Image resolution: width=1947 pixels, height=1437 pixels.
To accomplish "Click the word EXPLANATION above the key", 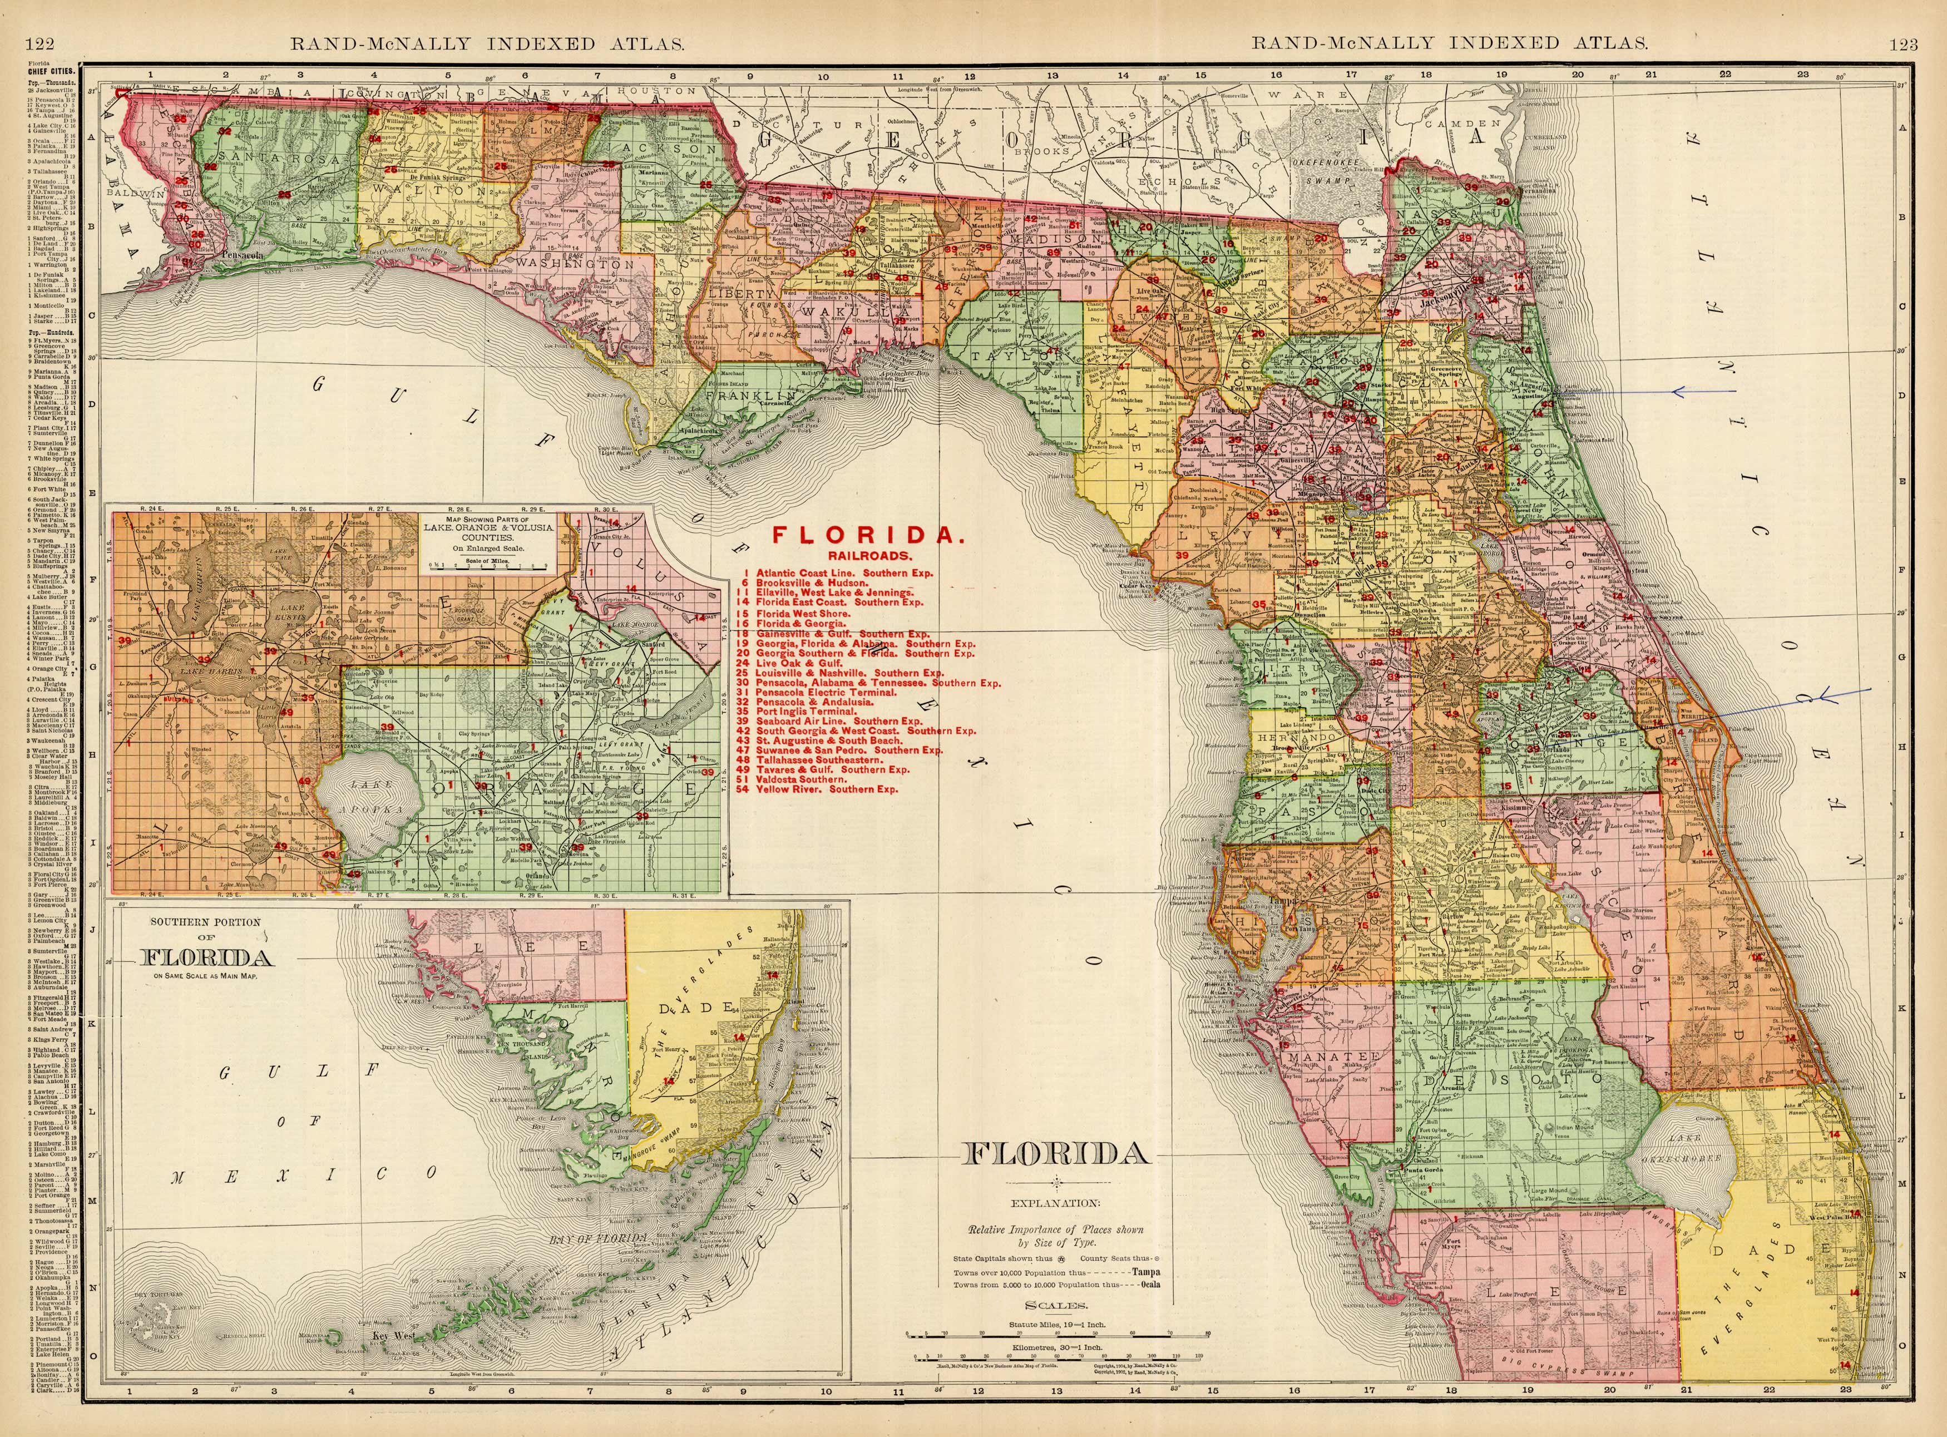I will (x=1054, y=1204).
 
